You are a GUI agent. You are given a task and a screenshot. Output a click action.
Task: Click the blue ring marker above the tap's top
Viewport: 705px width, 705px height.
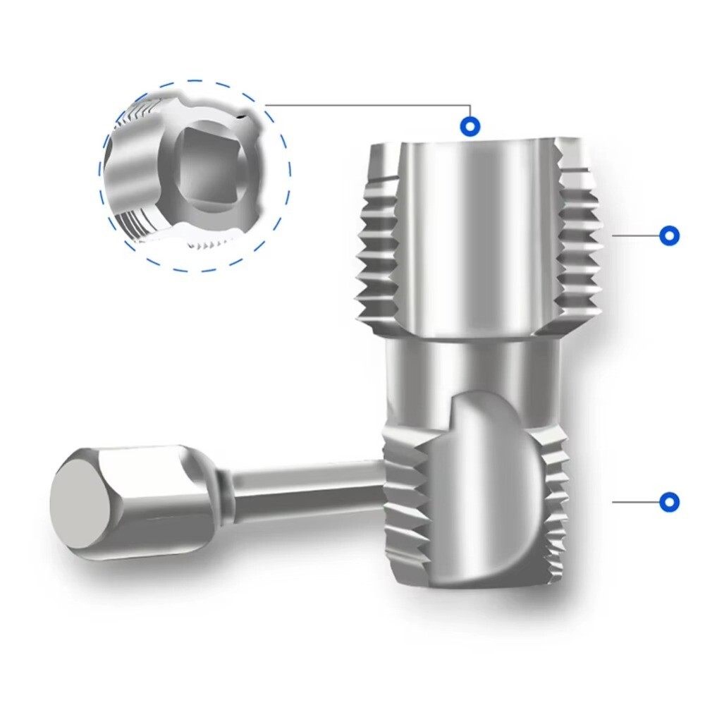(x=470, y=127)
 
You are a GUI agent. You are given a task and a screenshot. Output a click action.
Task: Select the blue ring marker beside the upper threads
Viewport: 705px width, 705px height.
(x=668, y=235)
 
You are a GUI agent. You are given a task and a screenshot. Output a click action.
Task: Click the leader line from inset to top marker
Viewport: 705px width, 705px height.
(x=367, y=105)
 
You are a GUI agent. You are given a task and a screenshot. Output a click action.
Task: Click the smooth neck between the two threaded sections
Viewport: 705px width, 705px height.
(x=472, y=367)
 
